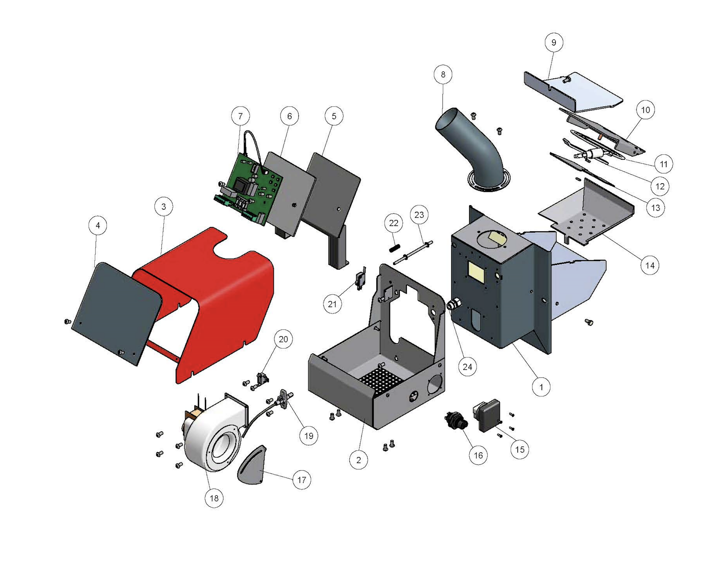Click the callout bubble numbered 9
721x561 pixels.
coord(554,43)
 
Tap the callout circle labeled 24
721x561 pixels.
coord(467,367)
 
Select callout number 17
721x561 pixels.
coord(301,480)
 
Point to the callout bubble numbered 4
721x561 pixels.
coord(98,225)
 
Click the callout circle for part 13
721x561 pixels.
coord(655,208)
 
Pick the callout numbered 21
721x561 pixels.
coord(332,304)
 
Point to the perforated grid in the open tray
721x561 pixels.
coord(381,380)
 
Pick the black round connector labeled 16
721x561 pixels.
coord(456,420)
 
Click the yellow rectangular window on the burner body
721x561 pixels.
coord(476,272)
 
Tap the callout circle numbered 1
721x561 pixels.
coord(541,387)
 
